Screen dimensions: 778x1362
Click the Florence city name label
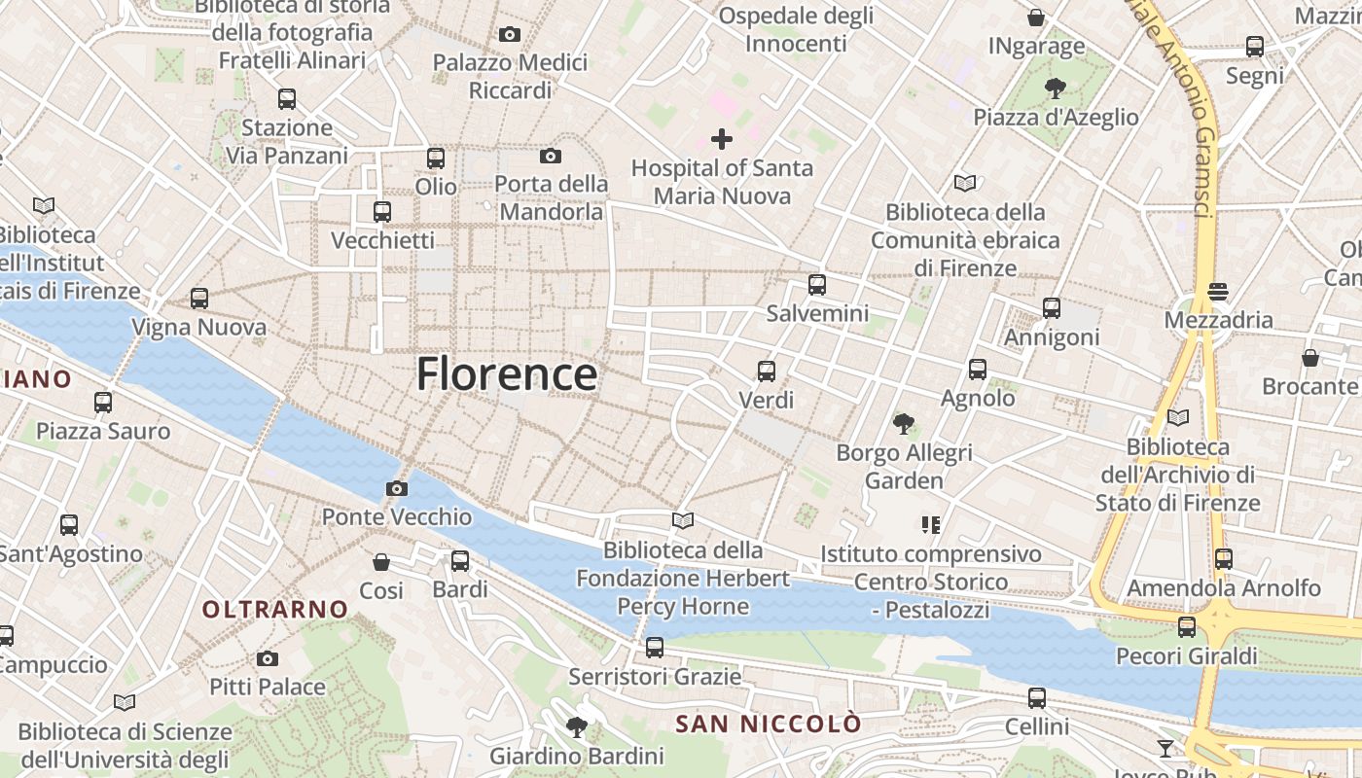tap(507, 374)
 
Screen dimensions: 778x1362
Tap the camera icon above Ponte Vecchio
tap(397, 488)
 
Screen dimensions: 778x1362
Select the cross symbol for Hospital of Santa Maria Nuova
tap(721, 139)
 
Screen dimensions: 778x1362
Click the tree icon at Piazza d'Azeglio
tap(1055, 89)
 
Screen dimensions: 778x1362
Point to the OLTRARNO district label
tap(275, 610)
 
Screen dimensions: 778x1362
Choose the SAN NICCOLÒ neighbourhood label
tap(769, 724)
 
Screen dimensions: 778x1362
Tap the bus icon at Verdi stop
tap(767, 371)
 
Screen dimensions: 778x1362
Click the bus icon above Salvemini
tap(817, 285)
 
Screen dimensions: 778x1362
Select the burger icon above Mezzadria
tap(1218, 291)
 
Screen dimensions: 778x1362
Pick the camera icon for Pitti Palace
tap(268, 658)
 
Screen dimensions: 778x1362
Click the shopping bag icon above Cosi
tap(381, 562)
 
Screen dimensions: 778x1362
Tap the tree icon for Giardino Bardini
tap(577, 725)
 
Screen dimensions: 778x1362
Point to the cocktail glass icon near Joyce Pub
tap(1165, 748)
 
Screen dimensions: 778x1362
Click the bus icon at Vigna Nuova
tap(199, 299)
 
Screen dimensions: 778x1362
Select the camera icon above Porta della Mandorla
tap(551, 156)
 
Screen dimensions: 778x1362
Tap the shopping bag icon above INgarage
tap(1036, 18)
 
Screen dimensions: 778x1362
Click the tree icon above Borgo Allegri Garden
tap(904, 423)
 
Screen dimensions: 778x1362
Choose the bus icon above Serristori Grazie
tap(655, 647)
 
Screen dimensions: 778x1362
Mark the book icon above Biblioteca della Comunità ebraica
tap(965, 183)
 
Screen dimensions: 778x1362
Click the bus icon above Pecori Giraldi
tap(1187, 627)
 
